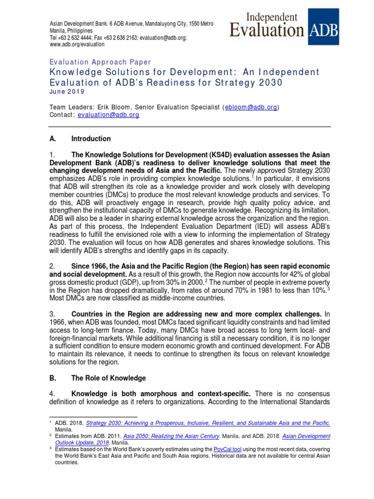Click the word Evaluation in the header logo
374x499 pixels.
point(267,30)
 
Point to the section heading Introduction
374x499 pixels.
point(91,139)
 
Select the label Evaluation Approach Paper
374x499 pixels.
point(100,62)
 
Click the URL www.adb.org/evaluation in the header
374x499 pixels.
point(77,44)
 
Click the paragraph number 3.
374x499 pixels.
point(53,313)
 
